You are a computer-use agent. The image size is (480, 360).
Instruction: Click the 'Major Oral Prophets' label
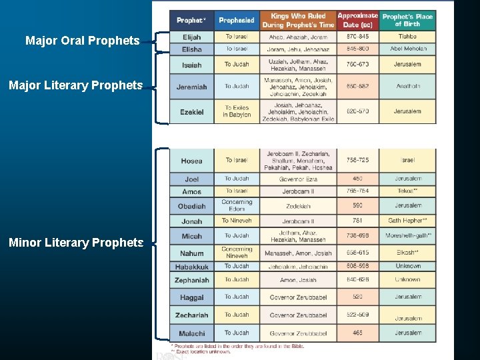point(82,41)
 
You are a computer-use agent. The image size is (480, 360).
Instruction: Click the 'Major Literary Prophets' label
point(75,85)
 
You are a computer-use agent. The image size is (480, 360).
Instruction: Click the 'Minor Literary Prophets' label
point(76,243)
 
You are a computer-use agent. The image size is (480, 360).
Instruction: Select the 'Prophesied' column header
point(237,20)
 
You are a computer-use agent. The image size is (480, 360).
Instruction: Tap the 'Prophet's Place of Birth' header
point(407,20)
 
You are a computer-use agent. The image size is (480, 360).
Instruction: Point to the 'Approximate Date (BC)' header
point(357,20)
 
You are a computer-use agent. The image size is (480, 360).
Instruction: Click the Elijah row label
point(191,37)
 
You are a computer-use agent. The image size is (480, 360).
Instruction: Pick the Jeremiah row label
point(191,87)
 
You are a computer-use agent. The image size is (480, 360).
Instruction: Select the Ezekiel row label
point(191,112)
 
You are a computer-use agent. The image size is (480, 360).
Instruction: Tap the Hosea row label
point(191,161)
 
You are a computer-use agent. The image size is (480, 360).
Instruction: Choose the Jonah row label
point(191,221)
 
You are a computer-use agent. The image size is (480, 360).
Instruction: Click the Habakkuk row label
point(191,267)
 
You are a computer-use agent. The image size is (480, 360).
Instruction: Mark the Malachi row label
point(191,333)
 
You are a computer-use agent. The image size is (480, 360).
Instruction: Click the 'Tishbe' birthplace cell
point(407,37)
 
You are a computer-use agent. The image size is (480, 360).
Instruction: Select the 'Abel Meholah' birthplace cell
point(407,49)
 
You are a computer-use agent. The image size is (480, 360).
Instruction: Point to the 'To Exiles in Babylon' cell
point(237,111)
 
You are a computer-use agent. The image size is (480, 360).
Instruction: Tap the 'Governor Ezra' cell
point(298,179)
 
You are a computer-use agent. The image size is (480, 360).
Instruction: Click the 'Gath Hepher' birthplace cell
point(407,221)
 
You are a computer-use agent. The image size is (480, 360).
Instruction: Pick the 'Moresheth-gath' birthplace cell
point(408,236)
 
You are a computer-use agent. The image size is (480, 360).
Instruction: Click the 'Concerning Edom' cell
point(237,205)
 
